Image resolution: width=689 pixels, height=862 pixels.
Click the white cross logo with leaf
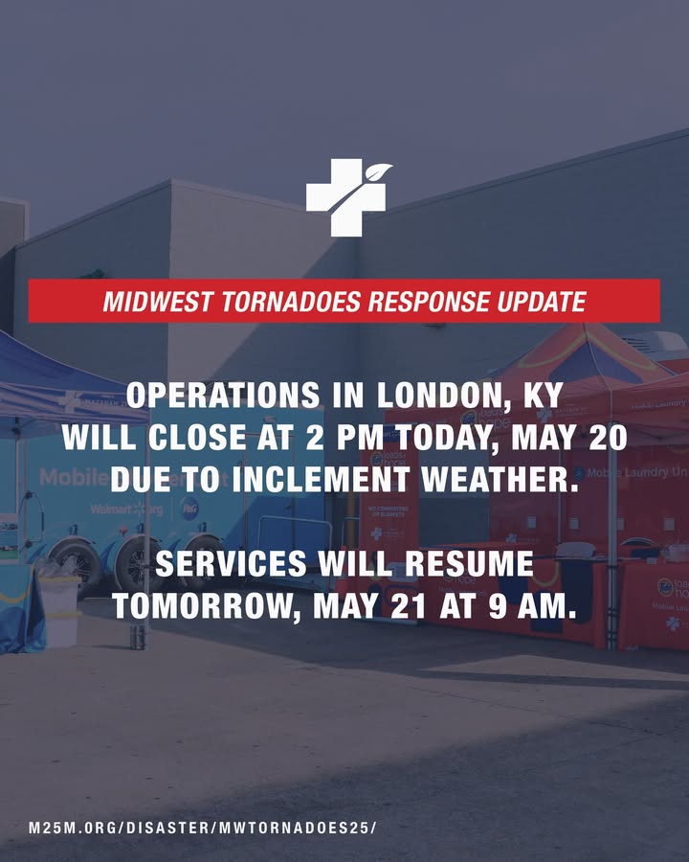347,196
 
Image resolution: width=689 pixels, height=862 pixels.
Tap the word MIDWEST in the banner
157,302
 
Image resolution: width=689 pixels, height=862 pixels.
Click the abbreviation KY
543,395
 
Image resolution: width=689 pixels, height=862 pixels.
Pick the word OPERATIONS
223,395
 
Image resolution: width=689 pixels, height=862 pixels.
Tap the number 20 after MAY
608,438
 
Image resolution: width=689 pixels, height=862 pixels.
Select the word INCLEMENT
321,480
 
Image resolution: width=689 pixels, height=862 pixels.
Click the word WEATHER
500,480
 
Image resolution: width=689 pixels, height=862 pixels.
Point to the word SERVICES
231,563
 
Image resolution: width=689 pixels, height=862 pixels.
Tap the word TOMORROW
207,606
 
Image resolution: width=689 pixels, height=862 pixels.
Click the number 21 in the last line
409,606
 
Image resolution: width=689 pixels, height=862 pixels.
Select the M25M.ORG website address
203,828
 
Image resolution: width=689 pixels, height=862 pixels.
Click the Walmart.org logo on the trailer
127,510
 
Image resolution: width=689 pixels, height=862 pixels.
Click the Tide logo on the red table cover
665,587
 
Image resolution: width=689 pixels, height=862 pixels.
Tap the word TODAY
446,439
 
